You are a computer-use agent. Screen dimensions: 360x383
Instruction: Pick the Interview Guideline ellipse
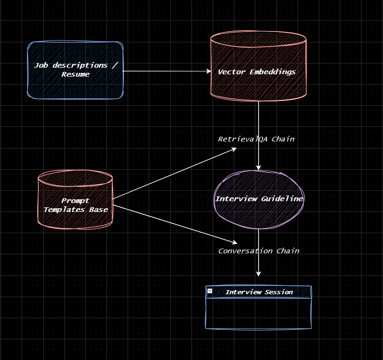[x=259, y=214]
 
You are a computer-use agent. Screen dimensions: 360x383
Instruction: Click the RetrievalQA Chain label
[x=256, y=139]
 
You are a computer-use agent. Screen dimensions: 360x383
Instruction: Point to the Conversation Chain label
[x=259, y=251]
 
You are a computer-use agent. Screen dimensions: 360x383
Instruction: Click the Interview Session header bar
[x=259, y=292]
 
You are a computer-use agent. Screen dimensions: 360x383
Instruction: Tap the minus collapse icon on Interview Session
[x=210, y=291]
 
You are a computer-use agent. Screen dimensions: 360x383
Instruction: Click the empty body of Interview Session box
[x=259, y=313]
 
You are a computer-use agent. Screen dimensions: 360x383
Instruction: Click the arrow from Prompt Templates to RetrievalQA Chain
[x=174, y=173]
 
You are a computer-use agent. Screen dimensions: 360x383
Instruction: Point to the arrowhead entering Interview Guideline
[x=259, y=167]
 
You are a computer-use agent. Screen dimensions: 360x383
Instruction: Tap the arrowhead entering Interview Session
[x=259, y=274]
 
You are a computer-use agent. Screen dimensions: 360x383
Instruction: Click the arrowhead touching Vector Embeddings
[x=209, y=71]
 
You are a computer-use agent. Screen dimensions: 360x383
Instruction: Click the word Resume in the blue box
[x=76, y=74]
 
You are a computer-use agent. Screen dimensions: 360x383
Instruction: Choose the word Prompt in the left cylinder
[x=76, y=201]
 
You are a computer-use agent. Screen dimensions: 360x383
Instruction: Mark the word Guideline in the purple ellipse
[x=282, y=199]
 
